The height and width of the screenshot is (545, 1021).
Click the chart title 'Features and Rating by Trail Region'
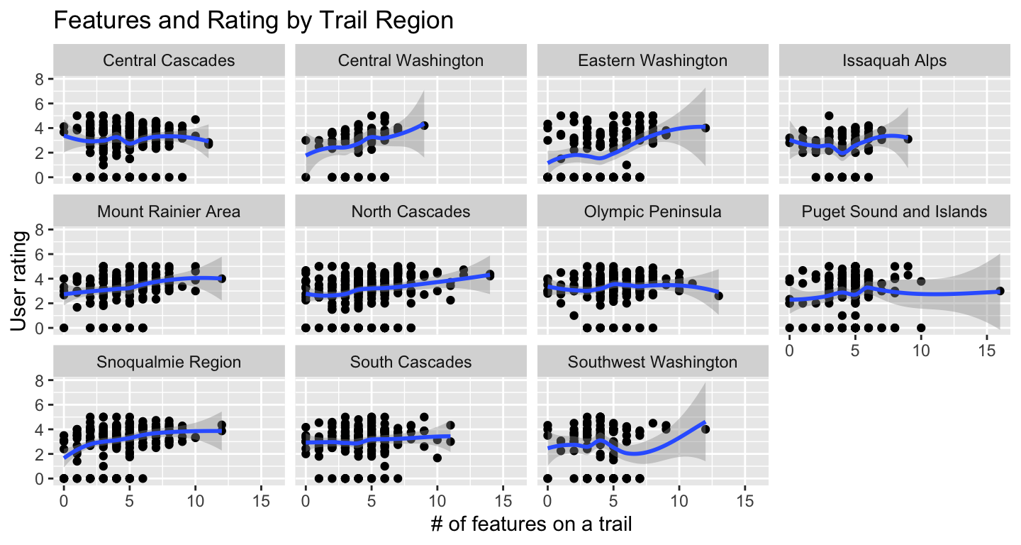tap(253, 21)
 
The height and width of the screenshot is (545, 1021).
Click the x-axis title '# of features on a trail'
tap(531, 525)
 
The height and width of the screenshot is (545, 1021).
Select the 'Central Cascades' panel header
tap(169, 60)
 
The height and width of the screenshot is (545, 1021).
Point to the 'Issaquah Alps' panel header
tap(895, 60)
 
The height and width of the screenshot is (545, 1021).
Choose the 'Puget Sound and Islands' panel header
tap(895, 211)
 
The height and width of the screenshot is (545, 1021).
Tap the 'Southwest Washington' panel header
tap(652, 363)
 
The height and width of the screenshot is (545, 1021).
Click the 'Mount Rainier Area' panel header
tap(169, 211)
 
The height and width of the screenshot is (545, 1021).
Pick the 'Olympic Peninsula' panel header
tap(652, 211)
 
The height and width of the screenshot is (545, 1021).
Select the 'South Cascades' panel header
tap(411, 363)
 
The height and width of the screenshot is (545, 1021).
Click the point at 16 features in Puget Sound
tap(1000, 291)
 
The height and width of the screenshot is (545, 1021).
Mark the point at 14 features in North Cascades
tap(489, 275)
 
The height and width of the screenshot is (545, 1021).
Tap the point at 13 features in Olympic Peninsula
tap(718, 296)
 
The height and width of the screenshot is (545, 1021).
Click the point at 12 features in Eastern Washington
tap(705, 128)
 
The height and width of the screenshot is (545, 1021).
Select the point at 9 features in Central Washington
tap(424, 126)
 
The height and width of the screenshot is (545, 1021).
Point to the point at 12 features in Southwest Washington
tap(705, 429)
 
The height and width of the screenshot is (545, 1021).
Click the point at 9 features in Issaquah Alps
tap(908, 139)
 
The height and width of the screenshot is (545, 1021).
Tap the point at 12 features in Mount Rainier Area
tap(221, 279)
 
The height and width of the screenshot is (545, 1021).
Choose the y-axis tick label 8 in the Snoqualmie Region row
tap(40, 381)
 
